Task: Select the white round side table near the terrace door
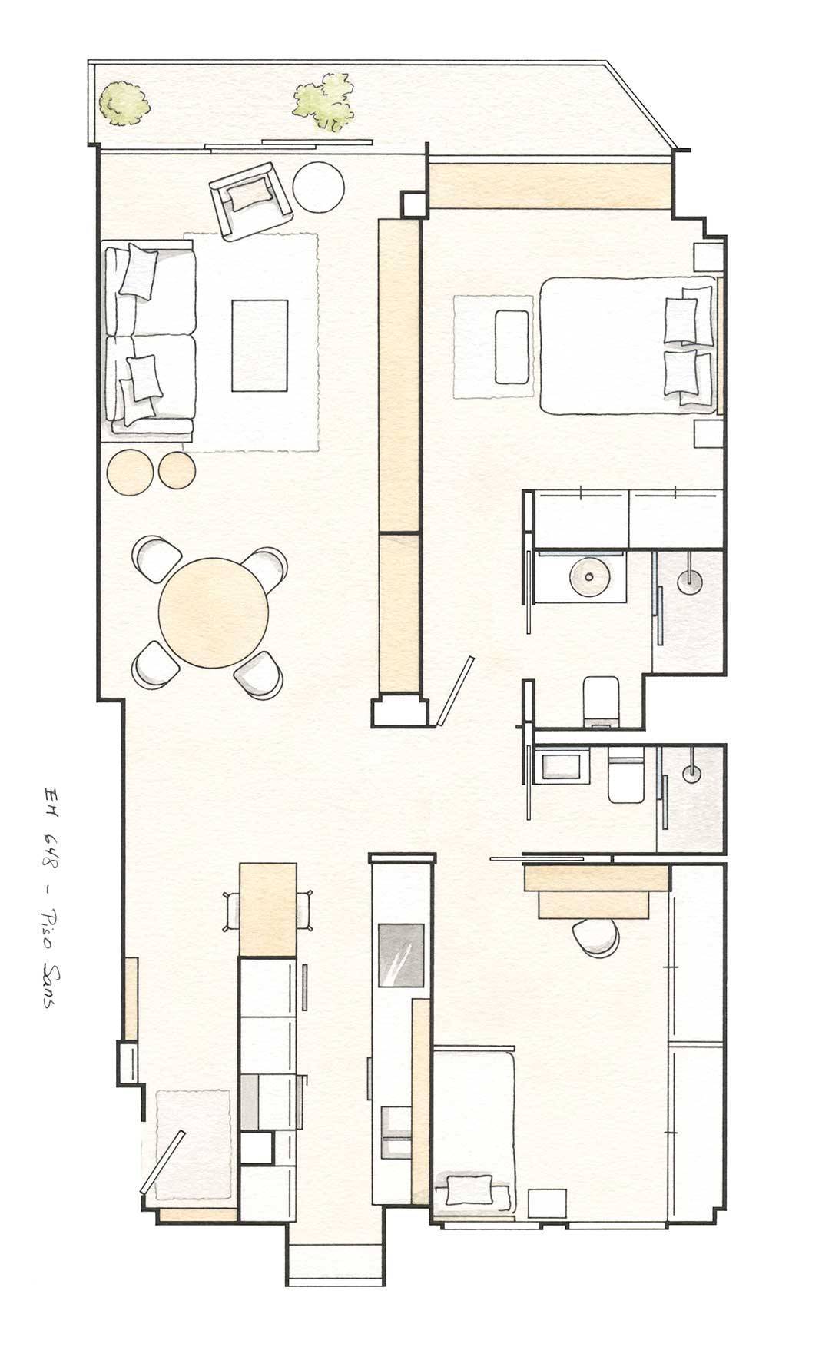pyautogui.click(x=318, y=187)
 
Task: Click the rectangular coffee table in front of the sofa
pyautogui.click(x=260, y=346)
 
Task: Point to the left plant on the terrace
pyautogui.click(x=123, y=104)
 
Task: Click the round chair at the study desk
pyautogui.click(x=596, y=937)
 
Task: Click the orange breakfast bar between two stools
pyautogui.click(x=268, y=909)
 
